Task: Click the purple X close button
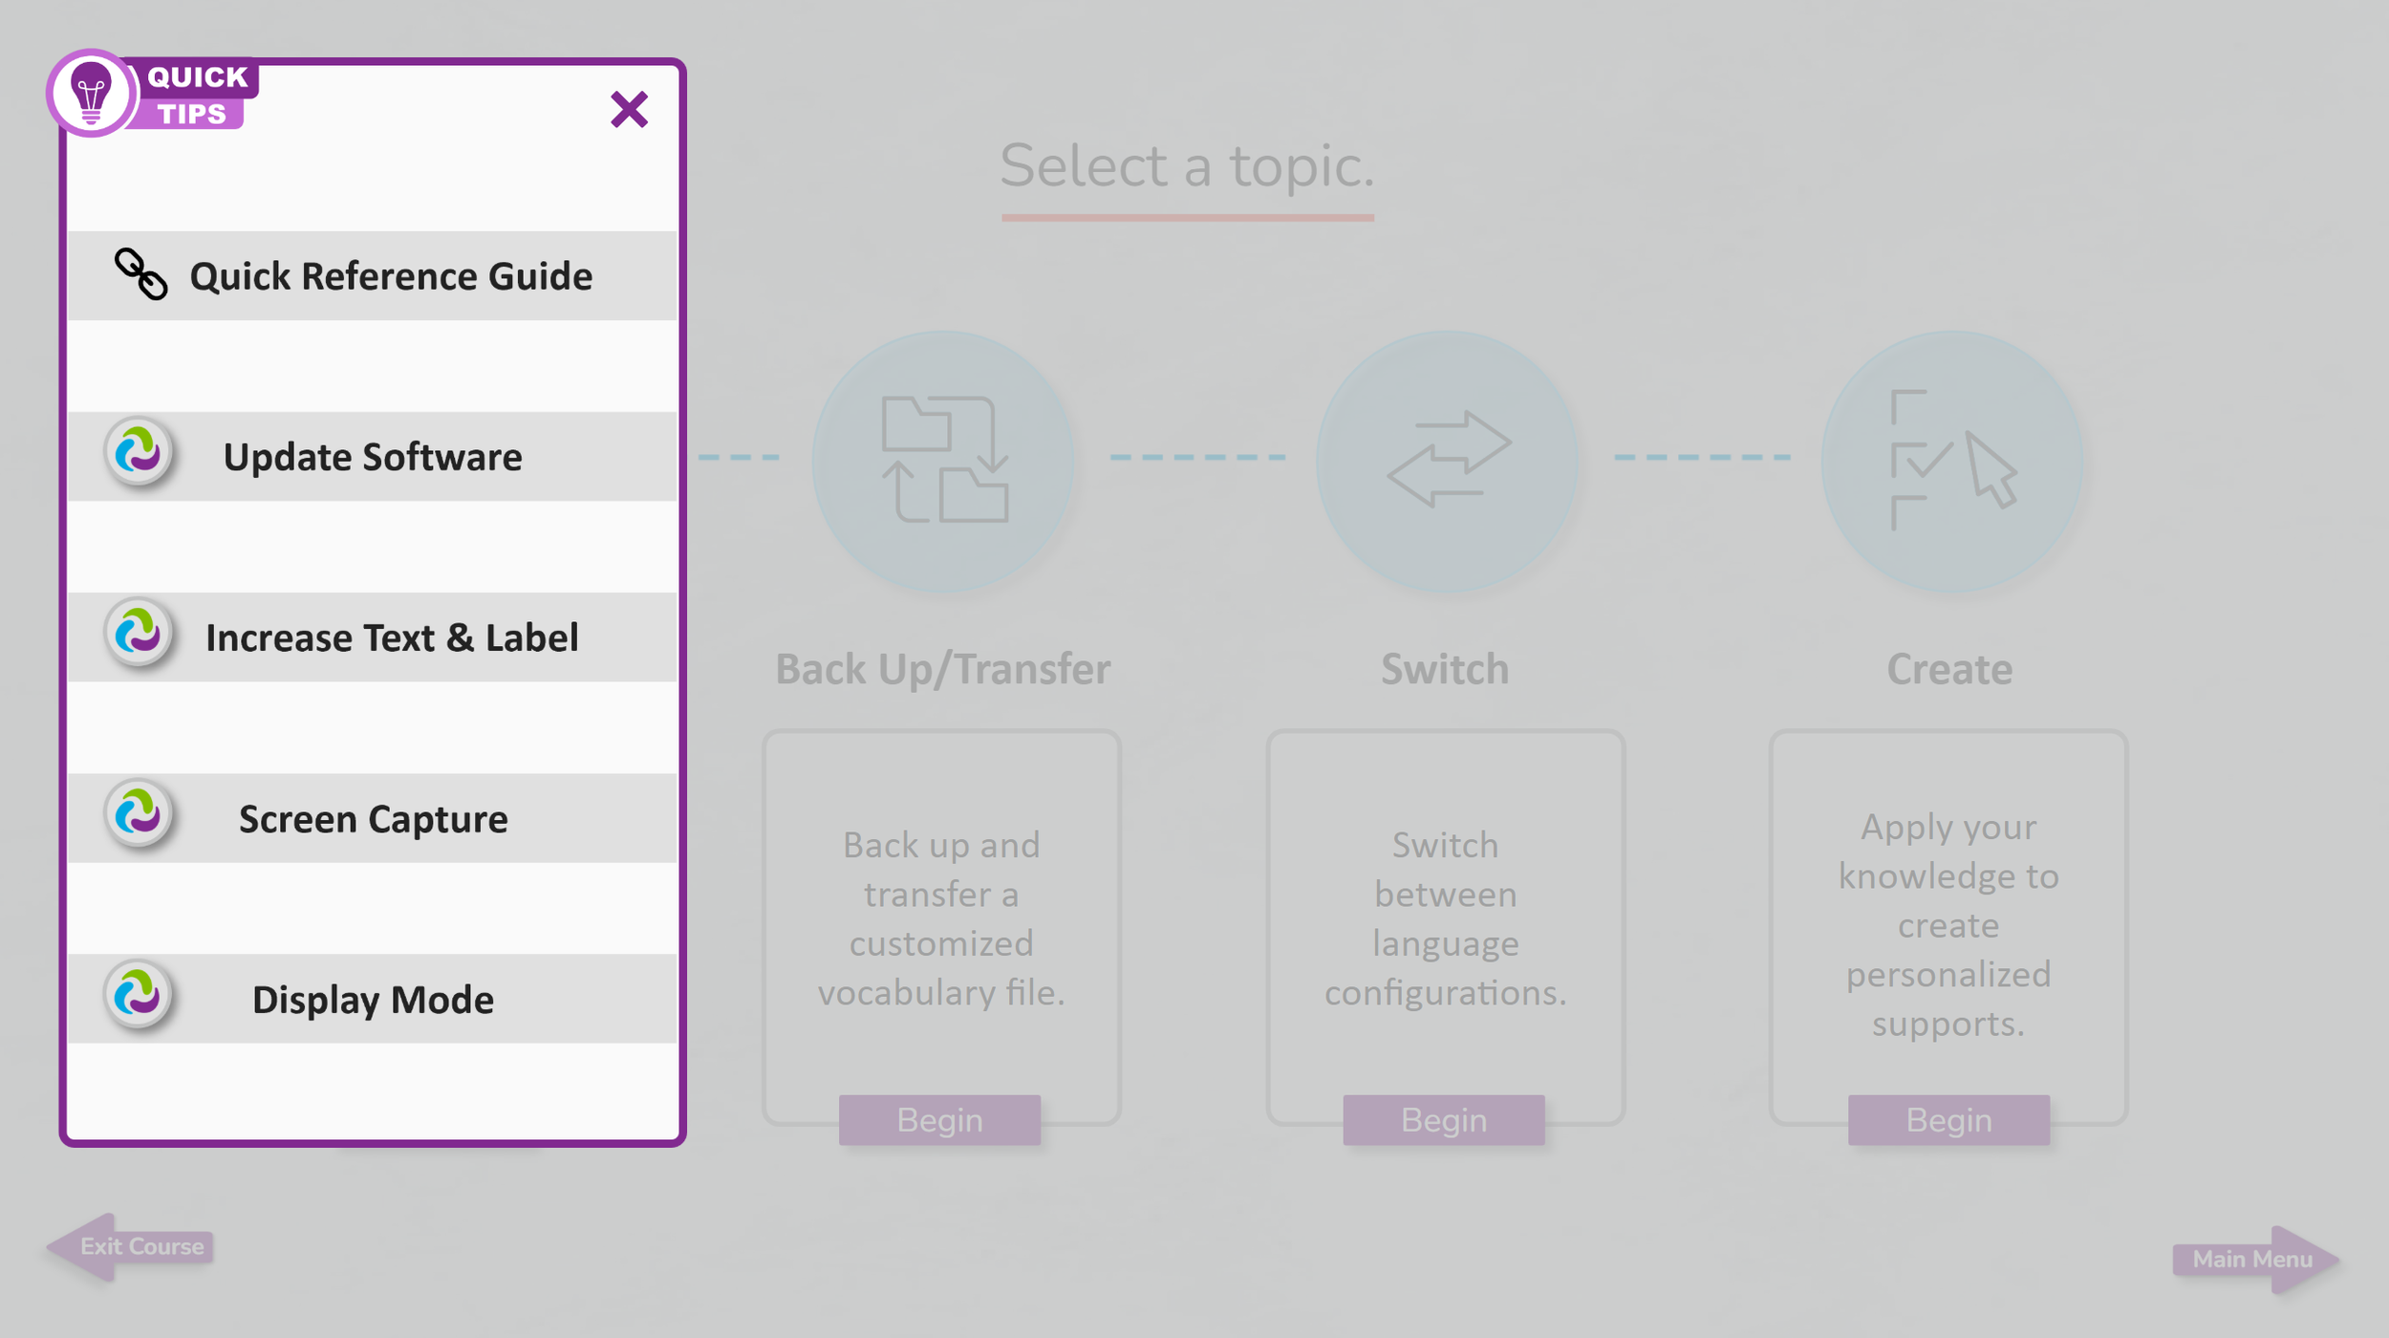(629, 109)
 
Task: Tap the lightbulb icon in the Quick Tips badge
(91, 94)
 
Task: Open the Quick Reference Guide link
(390, 276)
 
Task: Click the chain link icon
(140, 274)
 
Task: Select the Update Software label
(373, 457)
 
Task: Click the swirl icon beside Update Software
(139, 451)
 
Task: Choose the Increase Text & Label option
(392, 637)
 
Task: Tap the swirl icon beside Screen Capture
(139, 813)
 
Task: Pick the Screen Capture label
(373, 819)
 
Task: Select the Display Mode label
(373, 1000)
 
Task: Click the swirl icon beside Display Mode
(139, 994)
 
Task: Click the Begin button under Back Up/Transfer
(939, 1119)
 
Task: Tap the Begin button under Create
(1948, 1119)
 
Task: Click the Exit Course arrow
(130, 1246)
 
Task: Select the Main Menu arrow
(2255, 1259)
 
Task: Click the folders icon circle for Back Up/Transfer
(943, 460)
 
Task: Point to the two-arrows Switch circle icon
(1447, 460)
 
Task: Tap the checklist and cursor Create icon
(1951, 460)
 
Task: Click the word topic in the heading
(1301, 166)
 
